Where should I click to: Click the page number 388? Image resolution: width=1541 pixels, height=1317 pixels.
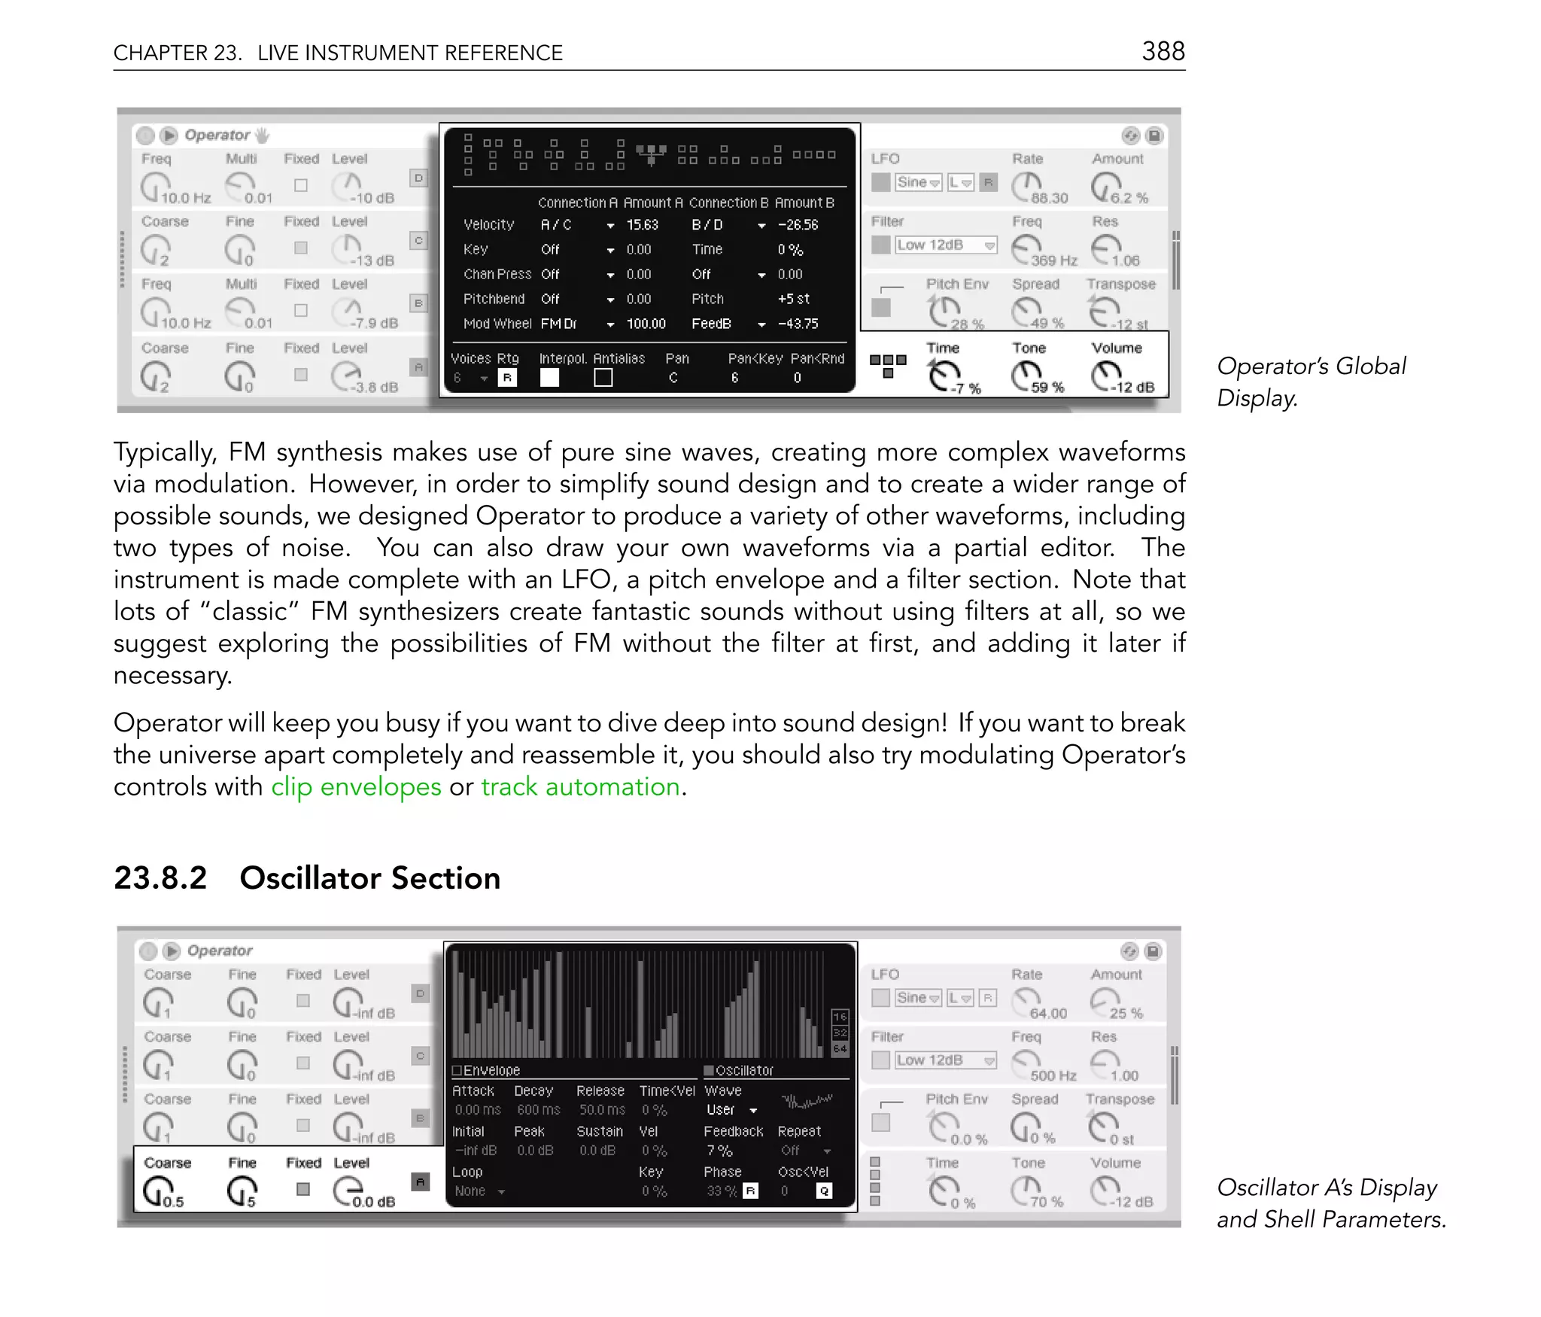click(x=1163, y=51)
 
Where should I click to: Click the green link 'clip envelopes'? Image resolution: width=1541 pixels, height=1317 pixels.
click(x=356, y=786)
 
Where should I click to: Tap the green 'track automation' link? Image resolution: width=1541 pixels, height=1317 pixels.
click(x=580, y=786)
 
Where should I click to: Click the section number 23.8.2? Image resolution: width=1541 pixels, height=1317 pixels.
click(x=160, y=878)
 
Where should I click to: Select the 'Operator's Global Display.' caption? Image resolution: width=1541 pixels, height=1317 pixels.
click(x=1310, y=382)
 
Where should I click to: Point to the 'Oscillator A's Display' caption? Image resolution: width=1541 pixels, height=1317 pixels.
click(x=1327, y=1188)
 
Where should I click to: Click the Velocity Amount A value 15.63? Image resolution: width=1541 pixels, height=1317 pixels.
click(x=642, y=225)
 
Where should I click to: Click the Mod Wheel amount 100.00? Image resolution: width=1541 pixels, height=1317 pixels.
click(x=646, y=324)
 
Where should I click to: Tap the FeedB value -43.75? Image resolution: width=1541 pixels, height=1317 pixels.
click(x=798, y=324)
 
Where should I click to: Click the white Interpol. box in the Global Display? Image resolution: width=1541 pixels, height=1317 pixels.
click(x=549, y=378)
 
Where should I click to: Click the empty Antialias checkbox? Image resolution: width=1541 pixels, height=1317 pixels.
click(x=603, y=378)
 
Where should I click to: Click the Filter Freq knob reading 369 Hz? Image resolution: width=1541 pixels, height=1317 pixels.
click(x=1026, y=248)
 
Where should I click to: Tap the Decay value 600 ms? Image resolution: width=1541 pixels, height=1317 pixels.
click(x=538, y=1110)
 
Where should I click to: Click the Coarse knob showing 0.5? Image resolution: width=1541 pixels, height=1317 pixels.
click(x=157, y=1191)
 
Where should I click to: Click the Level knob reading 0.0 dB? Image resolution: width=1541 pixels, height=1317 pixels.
click(x=348, y=1189)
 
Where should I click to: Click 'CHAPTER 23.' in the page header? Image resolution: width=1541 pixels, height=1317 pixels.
click(x=178, y=53)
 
